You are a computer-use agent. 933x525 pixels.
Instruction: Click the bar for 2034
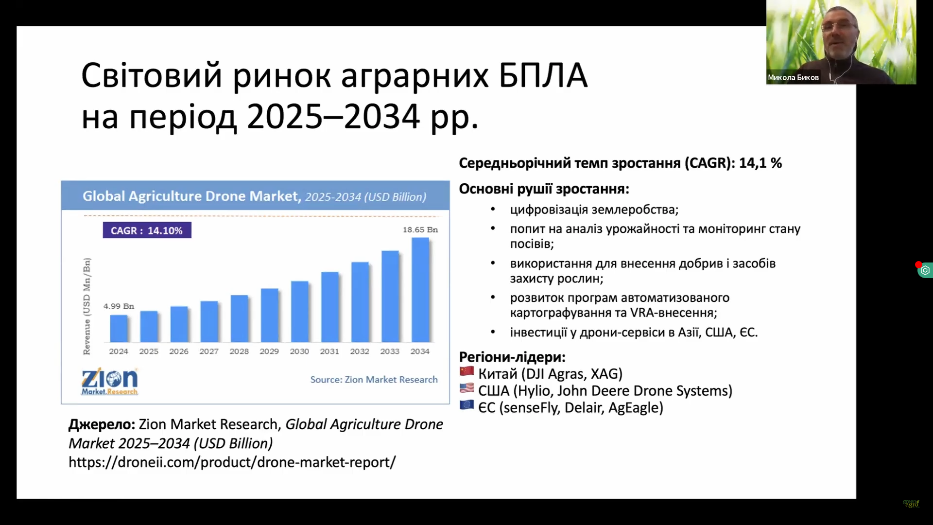click(x=420, y=290)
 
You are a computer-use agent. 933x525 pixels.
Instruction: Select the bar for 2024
click(x=119, y=329)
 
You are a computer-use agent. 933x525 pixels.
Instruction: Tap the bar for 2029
click(x=270, y=315)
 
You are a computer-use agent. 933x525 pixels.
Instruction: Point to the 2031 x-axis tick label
click(x=329, y=351)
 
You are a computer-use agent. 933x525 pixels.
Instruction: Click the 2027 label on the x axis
click(x=209, y=351)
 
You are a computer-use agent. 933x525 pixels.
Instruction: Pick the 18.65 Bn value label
click(x=420, y=229)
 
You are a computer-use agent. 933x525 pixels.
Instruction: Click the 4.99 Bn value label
click(x=119, y=306)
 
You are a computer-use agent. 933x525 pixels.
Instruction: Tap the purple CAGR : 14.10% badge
click(x=147, y=230)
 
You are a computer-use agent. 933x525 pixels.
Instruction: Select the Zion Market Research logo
click(x=110, y=382)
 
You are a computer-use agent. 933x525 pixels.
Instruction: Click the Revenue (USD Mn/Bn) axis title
click(x=86, y=306)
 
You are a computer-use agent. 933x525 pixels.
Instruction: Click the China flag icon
click(x=466, y=371)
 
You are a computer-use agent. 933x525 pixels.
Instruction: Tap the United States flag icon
click(x=466, y=388)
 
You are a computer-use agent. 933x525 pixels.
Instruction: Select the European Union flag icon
click(x=466, y=404)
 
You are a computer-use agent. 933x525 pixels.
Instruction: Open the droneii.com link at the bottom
click(x=232, y=462)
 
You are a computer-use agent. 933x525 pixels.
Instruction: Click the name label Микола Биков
click(x=793, y=78)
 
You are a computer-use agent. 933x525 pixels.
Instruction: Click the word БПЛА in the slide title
click(x=543, y=76)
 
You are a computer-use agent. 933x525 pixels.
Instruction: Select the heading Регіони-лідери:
click(x=512, y=357)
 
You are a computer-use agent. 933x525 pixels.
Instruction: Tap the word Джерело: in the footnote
click(x=102, y=425)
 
